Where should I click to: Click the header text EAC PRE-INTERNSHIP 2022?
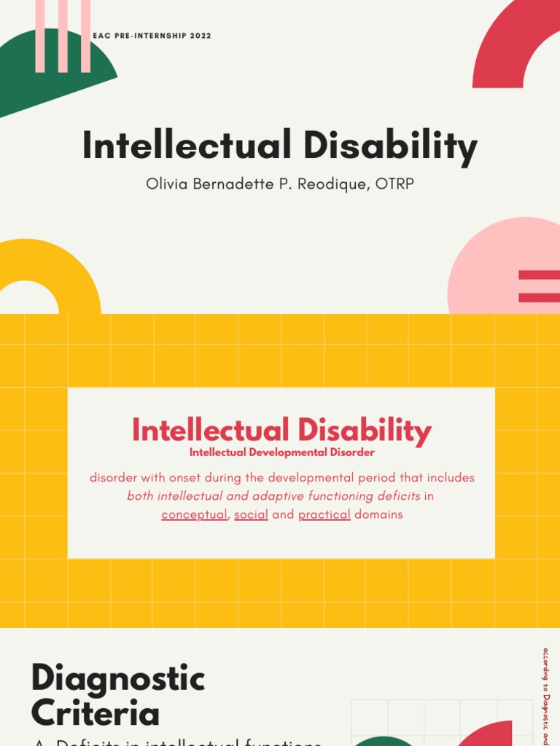pyautogui.click(x=152, y=36)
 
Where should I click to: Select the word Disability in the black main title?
pyautogui.click(x=390, y=146)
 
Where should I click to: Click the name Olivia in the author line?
pyautogui.click(x=166, y=184)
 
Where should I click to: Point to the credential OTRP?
pyautogui.click(x=395, y=184)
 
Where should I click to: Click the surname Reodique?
pyautogui.click(x=335, y=184)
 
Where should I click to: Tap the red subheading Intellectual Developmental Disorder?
pyautogui.click(x=281, y=452)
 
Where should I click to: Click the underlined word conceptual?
pyautogui.click(x=194, y=515)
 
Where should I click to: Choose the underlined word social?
pyautogui.click(x=251, y=515)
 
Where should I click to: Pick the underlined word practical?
pyautogui.click(x=324, y=515)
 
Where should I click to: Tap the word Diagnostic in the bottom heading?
pyautogui.click(x=118, y=679)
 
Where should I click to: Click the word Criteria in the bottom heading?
pyautogui.click(x=95, y=713)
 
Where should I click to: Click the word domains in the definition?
pyautogui.click(x=378, y=515)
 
